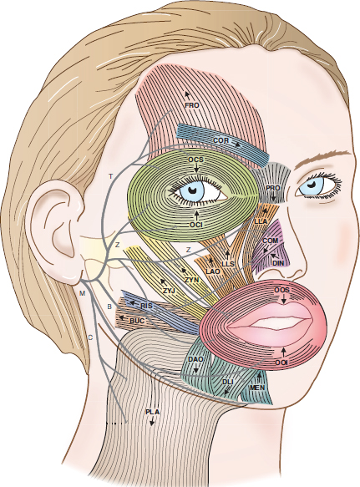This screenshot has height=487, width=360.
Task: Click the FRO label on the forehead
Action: (191, 105)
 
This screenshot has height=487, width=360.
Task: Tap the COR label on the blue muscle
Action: (221, 140)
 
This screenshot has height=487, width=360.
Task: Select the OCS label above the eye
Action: (196, 160)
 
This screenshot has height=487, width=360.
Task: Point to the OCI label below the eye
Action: (196, 224)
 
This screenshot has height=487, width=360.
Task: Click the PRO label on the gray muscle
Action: (273, 188)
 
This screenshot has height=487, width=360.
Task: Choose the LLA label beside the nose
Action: (261, 221)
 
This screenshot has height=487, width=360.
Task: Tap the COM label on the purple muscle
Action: (271, 241)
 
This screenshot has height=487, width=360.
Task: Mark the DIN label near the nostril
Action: (278, 263)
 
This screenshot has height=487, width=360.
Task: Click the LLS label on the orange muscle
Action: (228, 264)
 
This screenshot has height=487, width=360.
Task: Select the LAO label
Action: (213, 271)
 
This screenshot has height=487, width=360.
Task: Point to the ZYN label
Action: (191, 280)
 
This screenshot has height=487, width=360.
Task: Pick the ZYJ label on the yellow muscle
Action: (170, 291)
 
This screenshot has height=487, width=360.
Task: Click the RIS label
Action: (147, 306)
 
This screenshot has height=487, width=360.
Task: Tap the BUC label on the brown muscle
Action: (137, 321)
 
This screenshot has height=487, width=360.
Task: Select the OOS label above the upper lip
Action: (281, 291)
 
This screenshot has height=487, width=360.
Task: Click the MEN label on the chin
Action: (257, 388)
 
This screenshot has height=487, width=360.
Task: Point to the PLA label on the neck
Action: (153, 412)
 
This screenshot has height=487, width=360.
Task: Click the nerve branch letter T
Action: (110, 176)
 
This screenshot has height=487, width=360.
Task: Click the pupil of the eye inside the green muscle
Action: (193, 189)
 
